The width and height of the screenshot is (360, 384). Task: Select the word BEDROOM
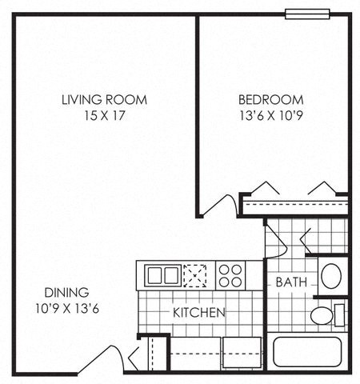(x=270, y=100)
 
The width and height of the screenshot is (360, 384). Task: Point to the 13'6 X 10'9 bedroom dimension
(x=270, y=116)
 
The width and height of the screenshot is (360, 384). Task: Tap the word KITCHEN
(x=199, y=312)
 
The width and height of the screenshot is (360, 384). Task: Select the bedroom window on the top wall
(x=307, y=13)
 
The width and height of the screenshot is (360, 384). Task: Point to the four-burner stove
(x=230, y=276)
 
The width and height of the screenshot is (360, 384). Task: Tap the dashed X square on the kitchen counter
(x=195, y=276)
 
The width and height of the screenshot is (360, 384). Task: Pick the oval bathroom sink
(x=331, y=276)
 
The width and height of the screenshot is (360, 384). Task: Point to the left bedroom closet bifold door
(x=264, y=189)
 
